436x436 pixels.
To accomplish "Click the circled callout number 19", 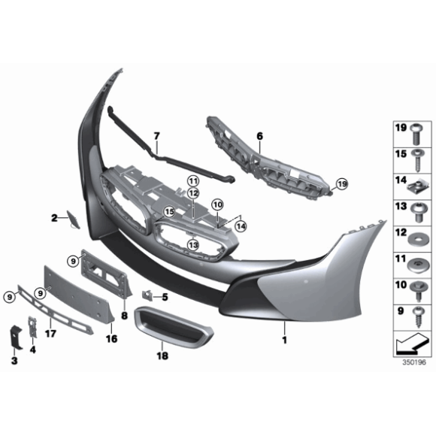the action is click(342, 184).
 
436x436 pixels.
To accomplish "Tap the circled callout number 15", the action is click(169, 212).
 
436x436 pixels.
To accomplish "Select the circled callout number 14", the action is click(241, 226).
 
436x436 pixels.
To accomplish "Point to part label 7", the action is click(157, 136).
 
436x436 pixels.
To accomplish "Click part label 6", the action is click(259, 136).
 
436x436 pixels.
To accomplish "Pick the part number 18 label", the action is click(162, 356).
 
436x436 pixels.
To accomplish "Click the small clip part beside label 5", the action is click(147, 295).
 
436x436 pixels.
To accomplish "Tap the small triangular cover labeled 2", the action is click(73, 220).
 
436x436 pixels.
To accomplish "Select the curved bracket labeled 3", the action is click(16, 337).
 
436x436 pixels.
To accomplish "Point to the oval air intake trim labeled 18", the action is click(173, 327).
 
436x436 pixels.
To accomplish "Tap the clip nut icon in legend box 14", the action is click(417, 188).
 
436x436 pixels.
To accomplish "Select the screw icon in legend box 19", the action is click(416, 134).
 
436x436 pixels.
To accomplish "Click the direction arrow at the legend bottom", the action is click(412, 344).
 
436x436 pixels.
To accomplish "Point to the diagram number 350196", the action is click(414, 362).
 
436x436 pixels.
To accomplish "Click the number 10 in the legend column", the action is click(401, 285).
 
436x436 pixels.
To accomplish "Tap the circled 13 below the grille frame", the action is click(193, 245).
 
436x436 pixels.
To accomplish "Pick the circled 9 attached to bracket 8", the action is click(73, 261).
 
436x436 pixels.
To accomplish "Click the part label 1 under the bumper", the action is click(284, 340).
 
